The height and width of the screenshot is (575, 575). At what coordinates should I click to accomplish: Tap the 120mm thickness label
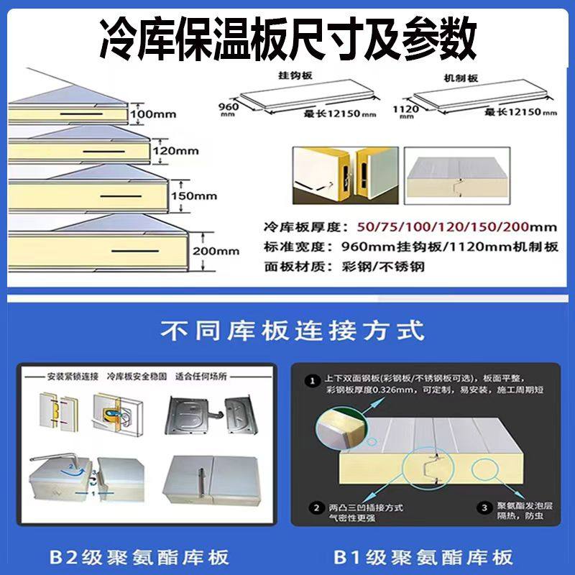pos(175,151)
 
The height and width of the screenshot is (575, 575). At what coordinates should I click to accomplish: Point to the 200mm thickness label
pos(216,251)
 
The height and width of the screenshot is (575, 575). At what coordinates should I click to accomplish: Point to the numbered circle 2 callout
pos(314,508)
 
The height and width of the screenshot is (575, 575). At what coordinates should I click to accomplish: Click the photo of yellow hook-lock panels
pos(344,174)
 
